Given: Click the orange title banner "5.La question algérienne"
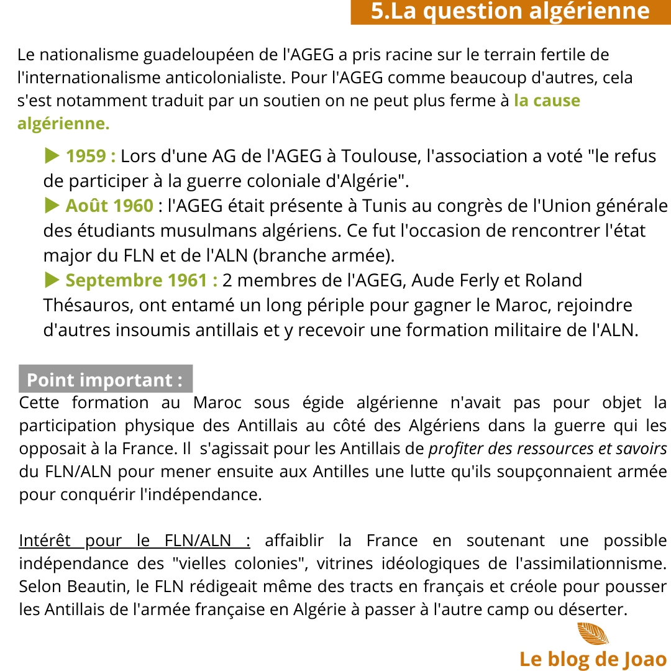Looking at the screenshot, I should (x=510, y=12).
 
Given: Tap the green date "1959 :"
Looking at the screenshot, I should (x=91, y=156).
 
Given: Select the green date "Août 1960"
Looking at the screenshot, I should (x=109, y=206).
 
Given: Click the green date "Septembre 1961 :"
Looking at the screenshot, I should (x=142, y=280).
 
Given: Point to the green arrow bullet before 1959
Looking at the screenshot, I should (x=52, y=155).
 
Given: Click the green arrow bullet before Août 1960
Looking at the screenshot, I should (x=52, y=205).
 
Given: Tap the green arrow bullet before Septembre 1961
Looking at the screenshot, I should (x=52, y=280).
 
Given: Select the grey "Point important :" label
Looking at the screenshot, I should (x=105, y=380).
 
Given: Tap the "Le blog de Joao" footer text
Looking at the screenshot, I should (x=593, y=659).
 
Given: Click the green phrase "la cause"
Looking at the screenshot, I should (x=547, y=101).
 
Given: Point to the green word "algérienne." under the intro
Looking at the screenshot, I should (x=63, y=124).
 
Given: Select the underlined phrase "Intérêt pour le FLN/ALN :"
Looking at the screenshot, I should (x=134, y=541).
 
